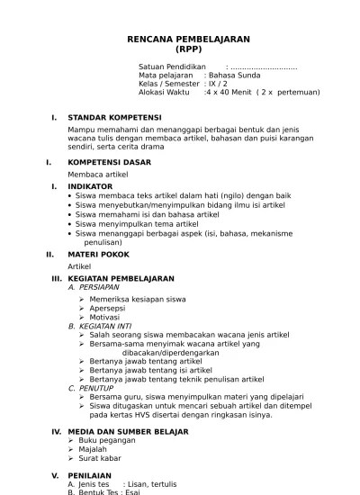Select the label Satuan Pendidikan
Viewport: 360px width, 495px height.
[x=171, y=67]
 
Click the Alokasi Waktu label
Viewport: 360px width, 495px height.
[x=164, y=92]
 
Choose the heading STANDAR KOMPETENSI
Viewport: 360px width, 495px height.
[x=114, y=117]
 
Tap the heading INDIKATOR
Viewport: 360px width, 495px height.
[x=90, y=185]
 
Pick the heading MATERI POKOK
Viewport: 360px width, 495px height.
[x=98, y=254]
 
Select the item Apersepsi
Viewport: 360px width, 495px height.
[x=108, y=308]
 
